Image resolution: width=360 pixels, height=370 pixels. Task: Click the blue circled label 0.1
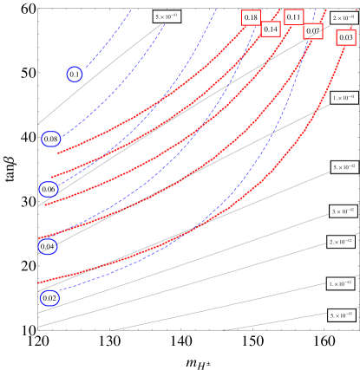75,75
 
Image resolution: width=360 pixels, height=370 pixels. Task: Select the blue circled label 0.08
50,139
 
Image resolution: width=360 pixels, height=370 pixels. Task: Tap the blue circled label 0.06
49,189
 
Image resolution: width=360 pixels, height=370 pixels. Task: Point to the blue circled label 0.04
48,247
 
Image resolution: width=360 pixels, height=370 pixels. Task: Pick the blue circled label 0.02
49,298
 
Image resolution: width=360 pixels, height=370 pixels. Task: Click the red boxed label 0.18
251,17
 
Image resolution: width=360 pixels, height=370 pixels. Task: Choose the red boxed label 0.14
271,29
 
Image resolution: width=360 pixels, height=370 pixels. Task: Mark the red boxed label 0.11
293,17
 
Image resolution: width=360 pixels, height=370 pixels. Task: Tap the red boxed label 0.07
313,31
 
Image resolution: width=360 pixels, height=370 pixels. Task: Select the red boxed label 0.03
346,37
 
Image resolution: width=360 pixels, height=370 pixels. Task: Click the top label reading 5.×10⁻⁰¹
167,16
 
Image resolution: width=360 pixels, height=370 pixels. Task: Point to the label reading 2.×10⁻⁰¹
343,16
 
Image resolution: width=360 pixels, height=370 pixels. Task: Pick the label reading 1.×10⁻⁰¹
344,98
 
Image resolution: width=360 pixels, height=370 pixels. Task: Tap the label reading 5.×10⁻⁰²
344,166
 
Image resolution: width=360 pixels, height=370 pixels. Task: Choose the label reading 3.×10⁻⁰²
343,211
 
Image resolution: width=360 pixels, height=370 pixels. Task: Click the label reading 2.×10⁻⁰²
341,241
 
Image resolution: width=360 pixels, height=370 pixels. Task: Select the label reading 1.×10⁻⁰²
340,283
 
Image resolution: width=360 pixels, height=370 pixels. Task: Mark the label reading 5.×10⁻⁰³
341,315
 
